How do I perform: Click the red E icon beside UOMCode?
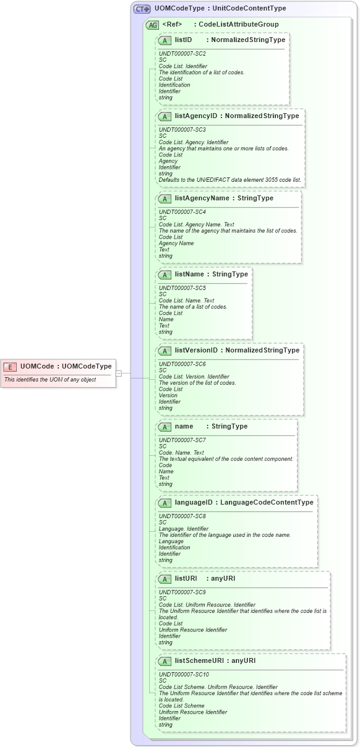(x=10, y=367)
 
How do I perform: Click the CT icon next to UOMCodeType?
(x=142, y=9)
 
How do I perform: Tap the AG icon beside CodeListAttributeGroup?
(x=152, y=25)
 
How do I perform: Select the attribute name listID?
(x=183, y=40)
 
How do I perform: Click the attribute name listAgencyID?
(x=195, y=116)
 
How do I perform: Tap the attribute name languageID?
(x=194, y=502)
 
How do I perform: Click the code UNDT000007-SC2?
(x=182, y=54)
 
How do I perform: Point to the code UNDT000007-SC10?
(x=184, y=675)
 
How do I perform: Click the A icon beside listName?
(x=165, y=275)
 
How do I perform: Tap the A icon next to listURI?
(x=165, y=579)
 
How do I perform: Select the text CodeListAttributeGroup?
(x=238, y=25)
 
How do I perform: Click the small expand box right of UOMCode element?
(x=119, y=373)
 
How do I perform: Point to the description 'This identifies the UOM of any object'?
(x=50, y=380)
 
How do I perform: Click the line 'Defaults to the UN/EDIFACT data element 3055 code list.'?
(x=230, y=180)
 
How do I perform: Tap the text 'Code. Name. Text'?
(x=181, y=453)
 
